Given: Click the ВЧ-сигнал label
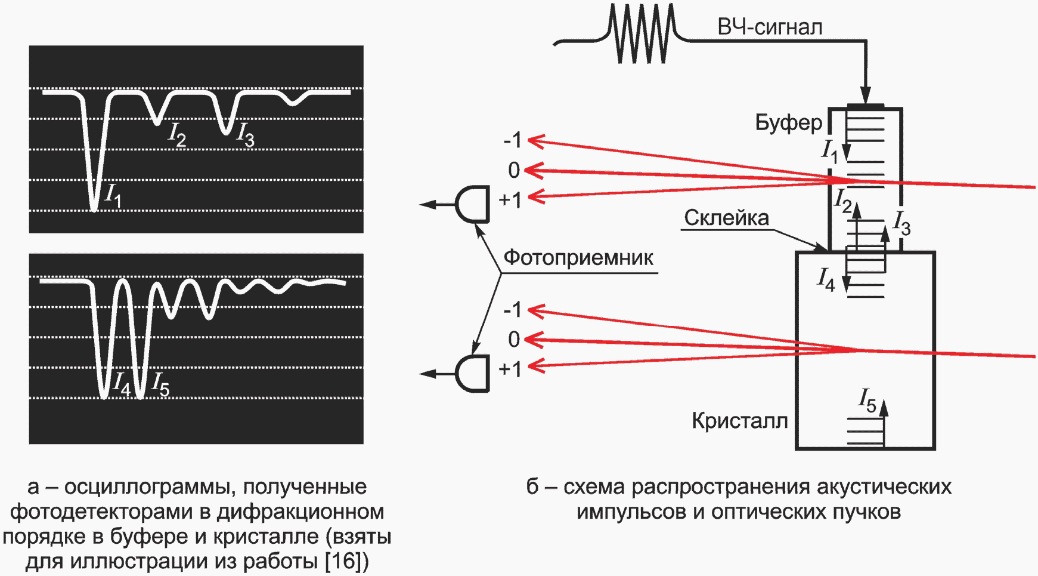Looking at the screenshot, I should (770, 27).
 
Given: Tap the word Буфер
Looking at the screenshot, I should (788, 122).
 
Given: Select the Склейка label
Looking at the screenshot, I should (726, 218).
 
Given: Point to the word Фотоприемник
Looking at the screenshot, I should (578, 258).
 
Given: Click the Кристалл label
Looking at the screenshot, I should (739, 421).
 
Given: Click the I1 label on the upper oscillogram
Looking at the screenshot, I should (113, 195).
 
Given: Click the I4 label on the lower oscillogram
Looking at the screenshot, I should (122, 384).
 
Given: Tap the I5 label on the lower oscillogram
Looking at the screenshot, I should (160, 384).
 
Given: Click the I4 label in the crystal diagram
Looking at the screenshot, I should (826, 279).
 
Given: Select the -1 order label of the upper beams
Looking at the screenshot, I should (512, 141).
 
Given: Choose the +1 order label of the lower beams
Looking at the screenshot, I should (510, 369).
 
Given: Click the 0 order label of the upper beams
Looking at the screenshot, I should (514, 171).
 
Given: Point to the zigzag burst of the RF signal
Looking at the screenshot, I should (642, 33).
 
